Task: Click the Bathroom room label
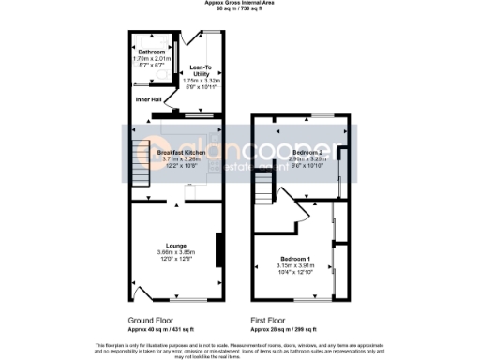point(149,52)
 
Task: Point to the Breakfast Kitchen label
point(181,152)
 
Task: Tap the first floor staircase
point(262,194)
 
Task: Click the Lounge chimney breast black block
point(218,249)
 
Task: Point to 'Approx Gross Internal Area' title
point(240,3)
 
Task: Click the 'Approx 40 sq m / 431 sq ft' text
point(161,329)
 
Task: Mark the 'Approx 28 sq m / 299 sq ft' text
point(284,329)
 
